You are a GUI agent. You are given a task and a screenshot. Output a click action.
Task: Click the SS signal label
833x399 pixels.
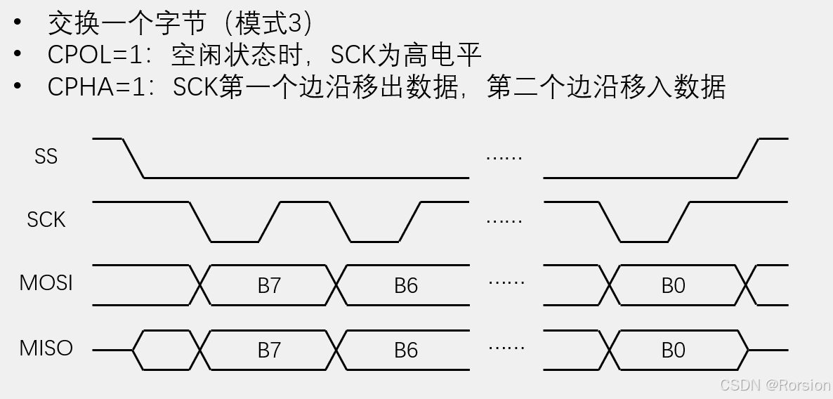[46, 156]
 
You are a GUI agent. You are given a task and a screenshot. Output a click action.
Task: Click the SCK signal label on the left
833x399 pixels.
[46, 220]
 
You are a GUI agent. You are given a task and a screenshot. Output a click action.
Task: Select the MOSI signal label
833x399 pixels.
[46, 283]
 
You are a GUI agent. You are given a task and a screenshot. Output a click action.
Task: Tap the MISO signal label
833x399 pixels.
[46, 348]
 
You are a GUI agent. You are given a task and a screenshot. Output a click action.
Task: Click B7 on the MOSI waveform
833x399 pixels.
[269, 286]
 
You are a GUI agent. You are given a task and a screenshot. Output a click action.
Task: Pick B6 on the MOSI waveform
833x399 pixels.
[406, 286]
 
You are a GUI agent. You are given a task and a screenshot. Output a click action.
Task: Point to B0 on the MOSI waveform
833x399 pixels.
[673, 286]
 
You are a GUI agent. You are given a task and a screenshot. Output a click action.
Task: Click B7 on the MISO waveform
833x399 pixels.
[269, 350]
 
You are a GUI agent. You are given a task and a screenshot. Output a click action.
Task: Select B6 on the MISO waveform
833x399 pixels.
[406, 350]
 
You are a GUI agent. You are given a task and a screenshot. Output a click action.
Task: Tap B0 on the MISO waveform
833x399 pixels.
[673, 350]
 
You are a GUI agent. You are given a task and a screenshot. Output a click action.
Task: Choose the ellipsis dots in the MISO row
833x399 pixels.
[506, 348]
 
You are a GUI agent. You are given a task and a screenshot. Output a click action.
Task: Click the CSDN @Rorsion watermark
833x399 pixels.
[775, 385]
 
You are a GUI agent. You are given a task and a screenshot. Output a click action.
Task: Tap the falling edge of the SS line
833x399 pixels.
[133, 158]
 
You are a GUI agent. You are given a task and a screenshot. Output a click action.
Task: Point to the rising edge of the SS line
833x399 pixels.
[748, 158]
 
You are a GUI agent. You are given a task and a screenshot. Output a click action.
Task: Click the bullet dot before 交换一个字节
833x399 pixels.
[18, 22]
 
